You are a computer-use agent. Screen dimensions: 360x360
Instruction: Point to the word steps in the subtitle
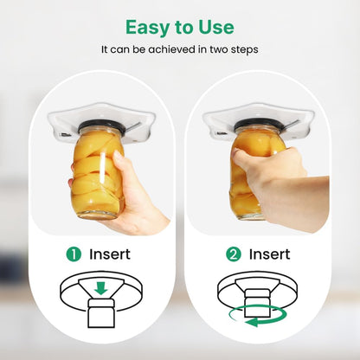(x=244, y=50)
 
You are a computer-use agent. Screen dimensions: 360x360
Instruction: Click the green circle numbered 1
(x=74, y=254)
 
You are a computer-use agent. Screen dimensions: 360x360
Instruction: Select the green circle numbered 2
(x=234, y=254)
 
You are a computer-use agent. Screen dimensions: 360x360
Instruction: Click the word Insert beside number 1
(x=110, y=254)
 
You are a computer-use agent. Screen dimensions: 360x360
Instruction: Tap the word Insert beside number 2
(x=269, y=254)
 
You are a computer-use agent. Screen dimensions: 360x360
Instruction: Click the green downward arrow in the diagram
(x=100, y=288)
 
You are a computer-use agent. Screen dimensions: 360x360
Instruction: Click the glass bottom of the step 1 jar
(x=99, y=214)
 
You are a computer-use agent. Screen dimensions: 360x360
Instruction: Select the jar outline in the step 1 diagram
(x=101, y=313)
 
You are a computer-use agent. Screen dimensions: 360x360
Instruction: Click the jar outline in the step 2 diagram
(x=257, y=303)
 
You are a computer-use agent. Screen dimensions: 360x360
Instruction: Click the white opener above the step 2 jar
(x=257, y=119)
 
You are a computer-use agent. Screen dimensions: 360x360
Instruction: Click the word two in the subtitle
(x=219, y=49)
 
